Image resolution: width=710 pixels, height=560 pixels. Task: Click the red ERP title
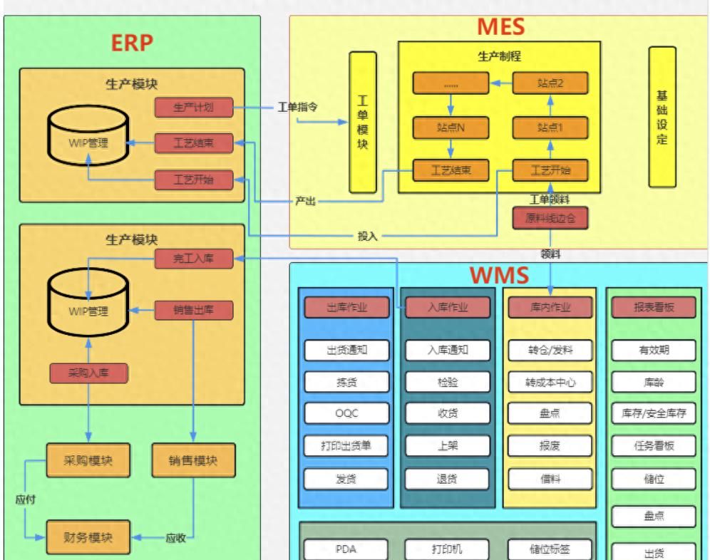[x=132, y=43]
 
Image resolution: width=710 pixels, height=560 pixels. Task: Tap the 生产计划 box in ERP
[x=194, y=108]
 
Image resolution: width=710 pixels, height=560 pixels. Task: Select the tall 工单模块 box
[x=362, y=122]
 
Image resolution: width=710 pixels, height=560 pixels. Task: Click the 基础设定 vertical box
[x=662, y=118]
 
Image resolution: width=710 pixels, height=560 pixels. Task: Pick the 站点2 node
[x=551, y=83]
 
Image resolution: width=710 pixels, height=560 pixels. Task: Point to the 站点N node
[x=451, y=128]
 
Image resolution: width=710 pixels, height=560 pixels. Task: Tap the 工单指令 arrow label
[x=297, y=108]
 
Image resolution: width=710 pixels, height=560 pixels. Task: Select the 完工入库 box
[x=194, y=259]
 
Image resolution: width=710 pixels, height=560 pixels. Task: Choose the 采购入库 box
[x=88, y=373]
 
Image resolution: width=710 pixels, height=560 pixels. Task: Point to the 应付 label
[x=26, y=499]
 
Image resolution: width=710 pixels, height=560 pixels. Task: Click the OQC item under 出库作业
[x=347, y=413]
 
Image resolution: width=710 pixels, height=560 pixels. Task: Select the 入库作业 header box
[x=448, y=307]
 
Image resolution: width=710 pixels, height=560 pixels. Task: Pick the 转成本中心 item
[x=551, y=381]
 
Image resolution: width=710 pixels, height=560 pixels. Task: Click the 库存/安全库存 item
[x=654, y=413]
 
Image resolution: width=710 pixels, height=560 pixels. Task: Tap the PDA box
[x=347, y=549]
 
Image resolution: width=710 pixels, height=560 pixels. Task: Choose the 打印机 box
[x=448, y=549]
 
